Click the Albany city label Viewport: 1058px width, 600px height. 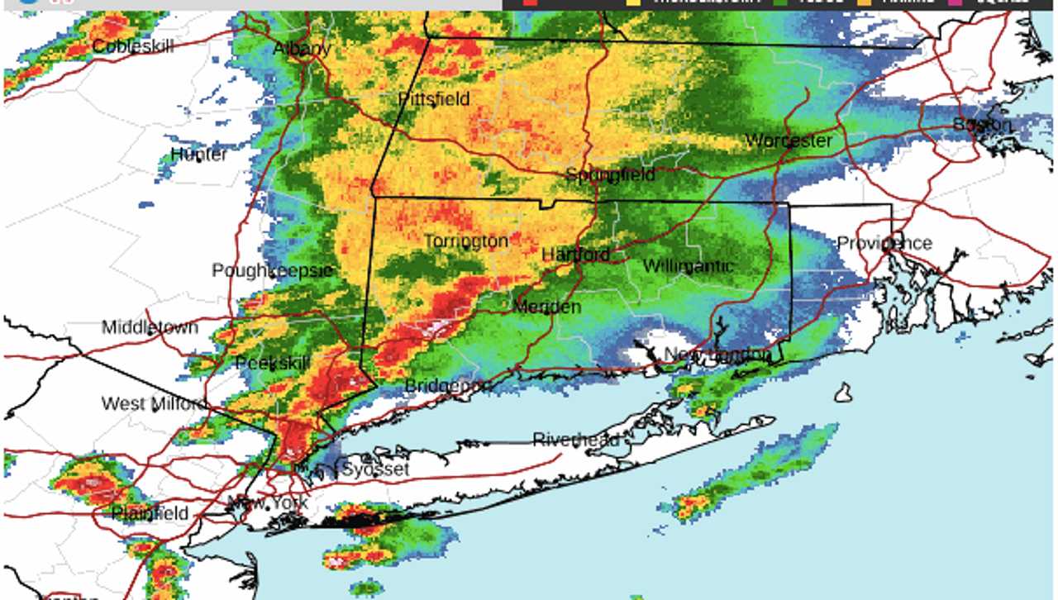[x=302, y=49]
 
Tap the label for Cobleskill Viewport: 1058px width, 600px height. [x=133, y=46]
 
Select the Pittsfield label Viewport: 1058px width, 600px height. [x=434, y=99]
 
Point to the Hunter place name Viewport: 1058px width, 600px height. [x=198, y=155]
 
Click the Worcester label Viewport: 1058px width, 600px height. [x=788, y=140]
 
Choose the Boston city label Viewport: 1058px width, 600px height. [x=981, y=125]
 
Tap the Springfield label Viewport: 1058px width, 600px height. [x=610, y=174]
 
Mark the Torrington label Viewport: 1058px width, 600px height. [x=465, y=241]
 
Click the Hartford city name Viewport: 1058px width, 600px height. [x=575, y=255]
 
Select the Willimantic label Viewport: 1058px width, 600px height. [x=688, y=266]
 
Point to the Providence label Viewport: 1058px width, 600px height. [x=884, y=243]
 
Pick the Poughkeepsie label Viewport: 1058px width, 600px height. [x=272, y=270]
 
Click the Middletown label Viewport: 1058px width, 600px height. [x=150, y=327]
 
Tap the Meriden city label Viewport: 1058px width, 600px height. [x=546, y=307]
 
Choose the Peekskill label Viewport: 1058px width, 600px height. [x=272, y=363]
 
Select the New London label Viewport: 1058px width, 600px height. [x=717, y=355]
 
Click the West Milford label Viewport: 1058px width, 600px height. [x=155, y=403]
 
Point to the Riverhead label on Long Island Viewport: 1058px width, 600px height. [x=575, y=440]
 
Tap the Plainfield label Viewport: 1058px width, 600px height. [x=150, y=513]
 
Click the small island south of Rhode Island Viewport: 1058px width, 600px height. [x=842, y=393]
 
